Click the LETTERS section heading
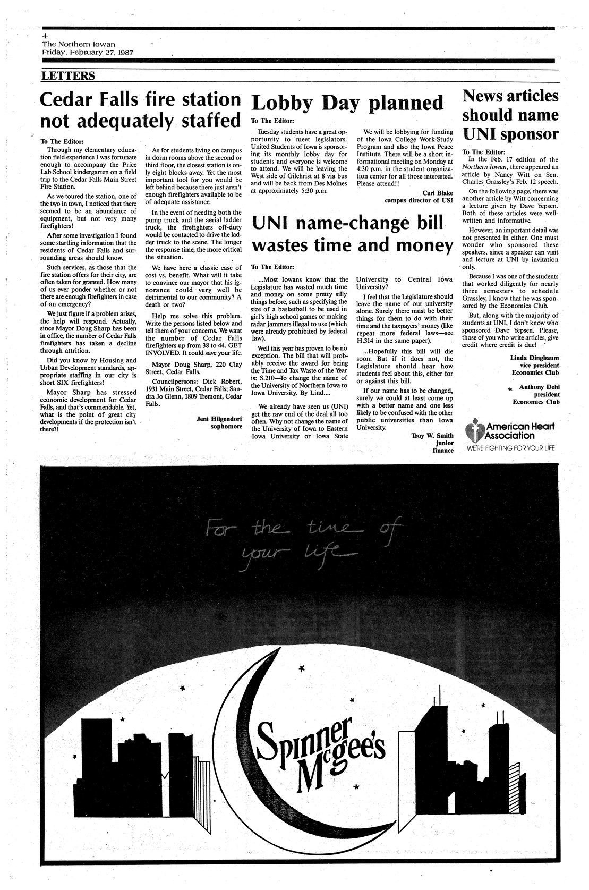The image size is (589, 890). (68, 76)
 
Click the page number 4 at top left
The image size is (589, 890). (46, 35)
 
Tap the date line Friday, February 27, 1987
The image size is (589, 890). (88, 53)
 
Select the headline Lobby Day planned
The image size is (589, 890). (347, 103)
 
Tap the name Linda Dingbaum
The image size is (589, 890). (534, 358)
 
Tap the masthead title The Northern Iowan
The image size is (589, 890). (79, 44)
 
